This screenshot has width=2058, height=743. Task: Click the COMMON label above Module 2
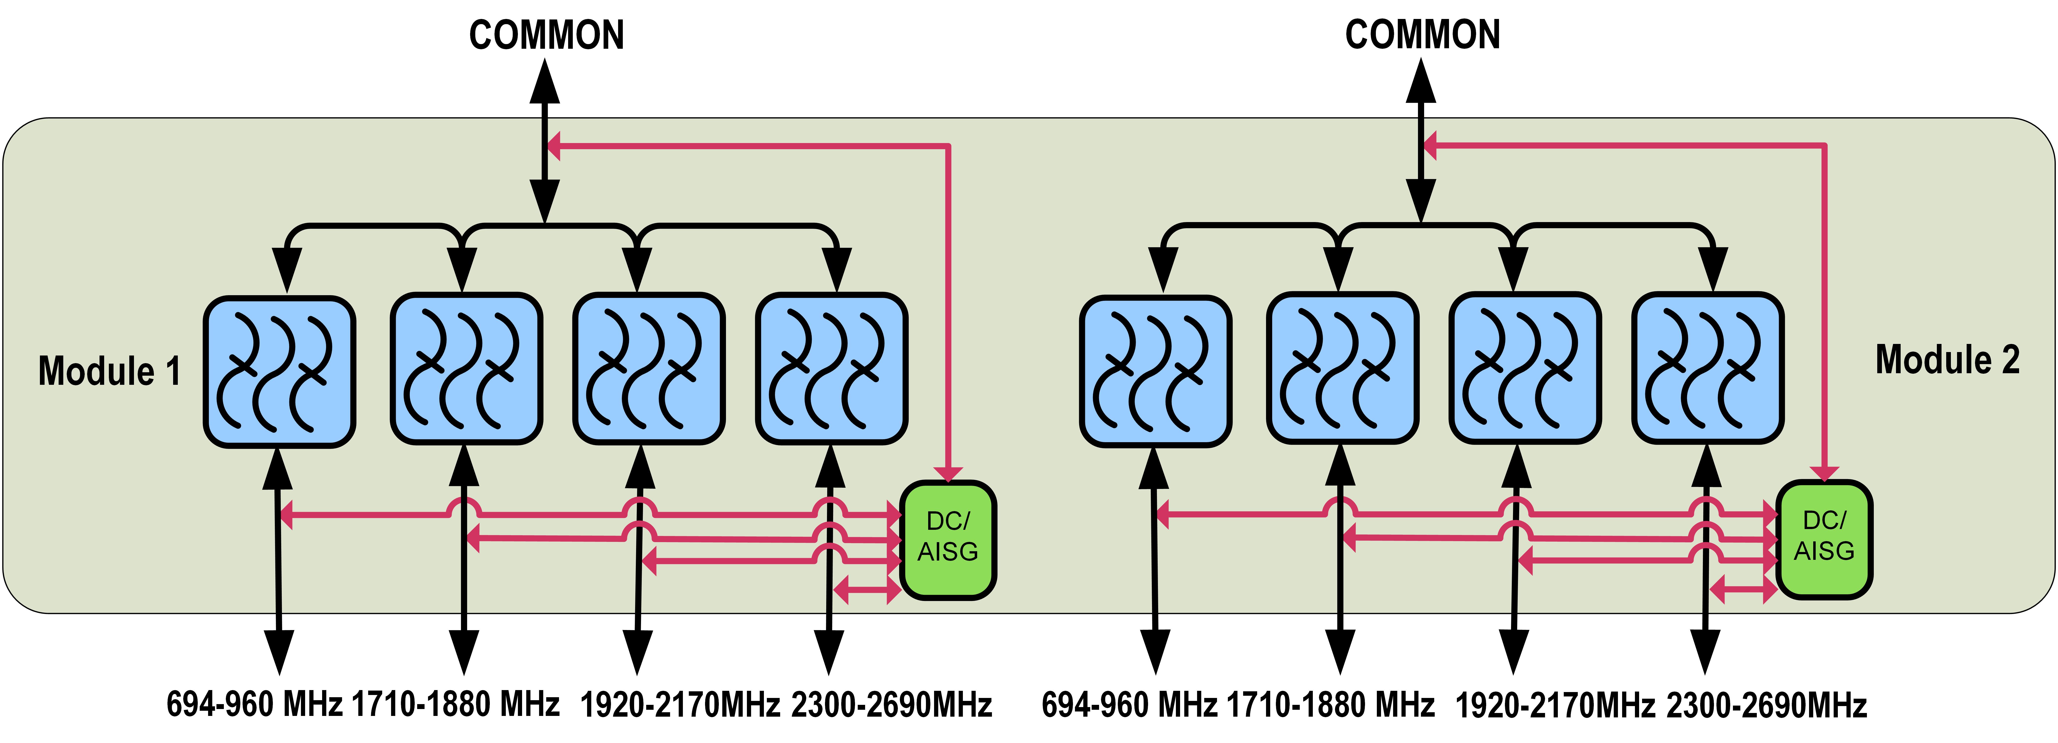click(x=1423, y=35)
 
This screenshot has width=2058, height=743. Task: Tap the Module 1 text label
click(x=109, y=371)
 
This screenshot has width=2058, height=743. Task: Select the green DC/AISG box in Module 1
click(x=948, y=539)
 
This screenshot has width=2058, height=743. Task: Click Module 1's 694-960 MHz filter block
click(x=279, y=371)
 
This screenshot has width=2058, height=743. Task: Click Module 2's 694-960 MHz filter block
click(x=1155, y=371)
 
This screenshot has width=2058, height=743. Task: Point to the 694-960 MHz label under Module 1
click(x=254, y=705)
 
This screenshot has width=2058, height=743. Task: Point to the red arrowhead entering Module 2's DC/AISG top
click(x=1824, y=474)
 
